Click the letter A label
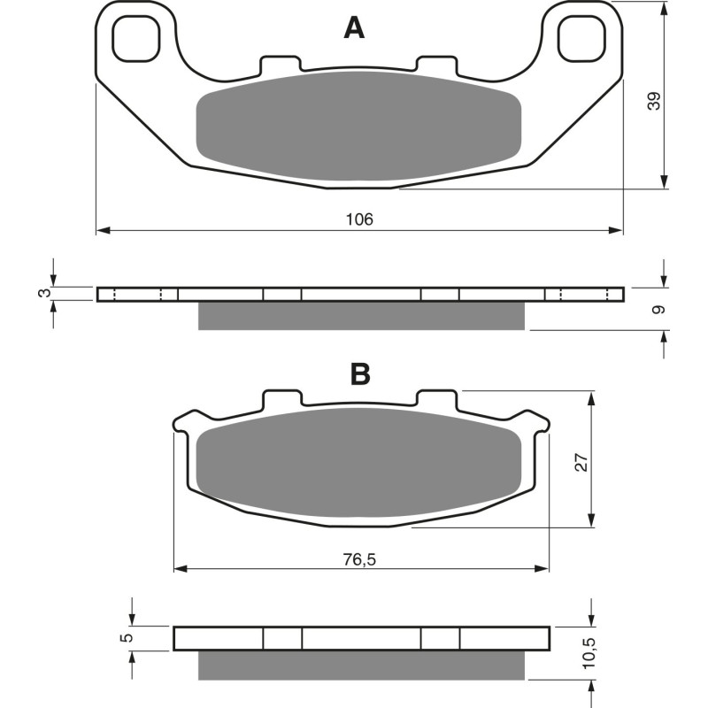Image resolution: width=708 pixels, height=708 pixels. click(354, 29)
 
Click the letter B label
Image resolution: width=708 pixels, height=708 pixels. click(359, 374)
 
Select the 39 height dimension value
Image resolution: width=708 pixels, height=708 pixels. click(654, 100)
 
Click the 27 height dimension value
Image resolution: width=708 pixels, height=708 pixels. click(581, 462)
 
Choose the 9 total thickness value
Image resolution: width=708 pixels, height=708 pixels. click(655, 310)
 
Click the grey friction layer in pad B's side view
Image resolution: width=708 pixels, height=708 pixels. click(361, 665)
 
